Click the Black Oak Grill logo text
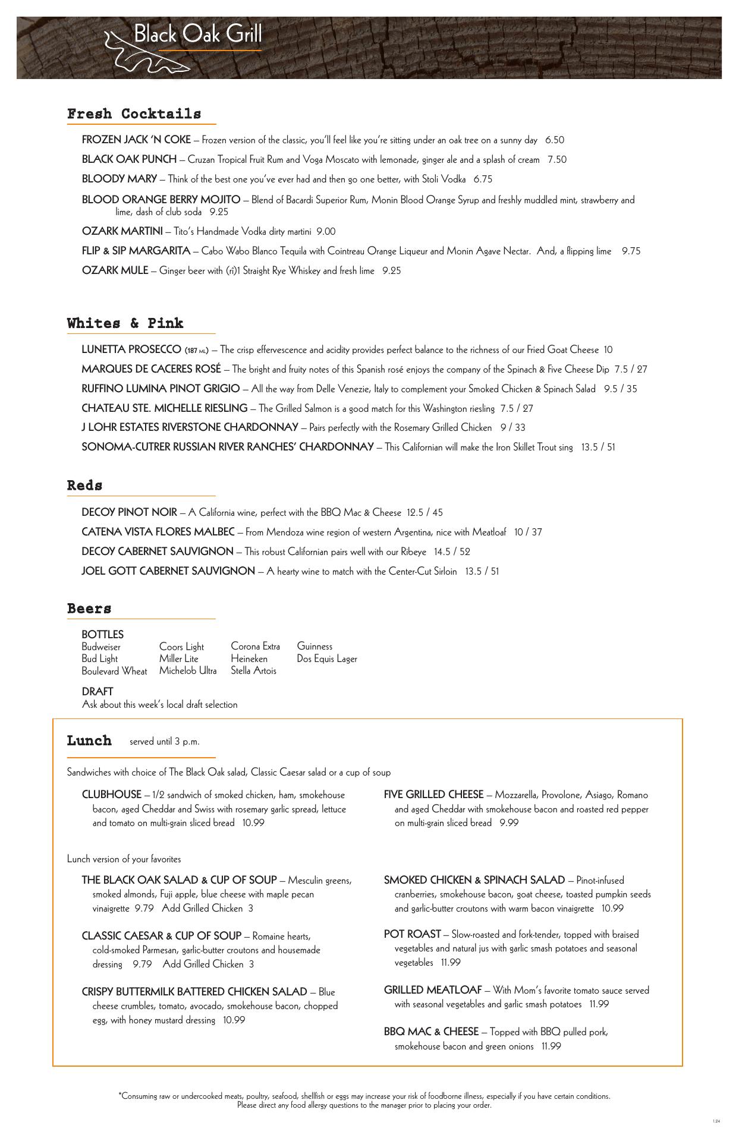197,34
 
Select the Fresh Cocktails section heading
134,114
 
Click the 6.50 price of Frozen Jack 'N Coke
554,140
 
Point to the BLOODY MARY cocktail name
119,179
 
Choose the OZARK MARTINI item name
122,231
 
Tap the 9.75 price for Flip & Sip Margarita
631,251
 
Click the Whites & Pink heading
125,323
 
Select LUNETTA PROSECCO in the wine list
131,349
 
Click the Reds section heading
84,486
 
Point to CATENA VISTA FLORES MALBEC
158,532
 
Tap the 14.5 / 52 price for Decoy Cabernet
452,551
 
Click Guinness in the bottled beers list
315,646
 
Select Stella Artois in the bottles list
253,670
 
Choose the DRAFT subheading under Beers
97,692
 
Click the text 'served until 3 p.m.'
165,742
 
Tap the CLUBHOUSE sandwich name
111,795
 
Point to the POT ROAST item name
412,934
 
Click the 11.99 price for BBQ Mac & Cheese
551,1046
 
